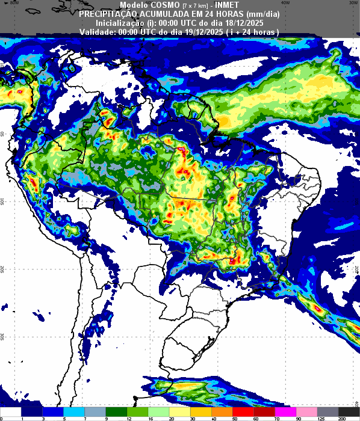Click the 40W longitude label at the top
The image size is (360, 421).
[285, 3]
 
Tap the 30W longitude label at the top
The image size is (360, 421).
[345, 3]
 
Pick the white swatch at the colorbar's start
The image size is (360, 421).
[11, 411]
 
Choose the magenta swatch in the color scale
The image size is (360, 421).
[285, 411]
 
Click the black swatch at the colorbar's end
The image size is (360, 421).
[349, 411]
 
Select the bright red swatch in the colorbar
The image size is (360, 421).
[222, 411]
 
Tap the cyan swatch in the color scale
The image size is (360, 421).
[74, 411]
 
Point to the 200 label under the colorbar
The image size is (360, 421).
[341, 418]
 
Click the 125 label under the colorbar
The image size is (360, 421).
[320, 418]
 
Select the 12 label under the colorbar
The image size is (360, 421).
[128, 418]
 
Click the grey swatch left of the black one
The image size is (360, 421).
[327, 411]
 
